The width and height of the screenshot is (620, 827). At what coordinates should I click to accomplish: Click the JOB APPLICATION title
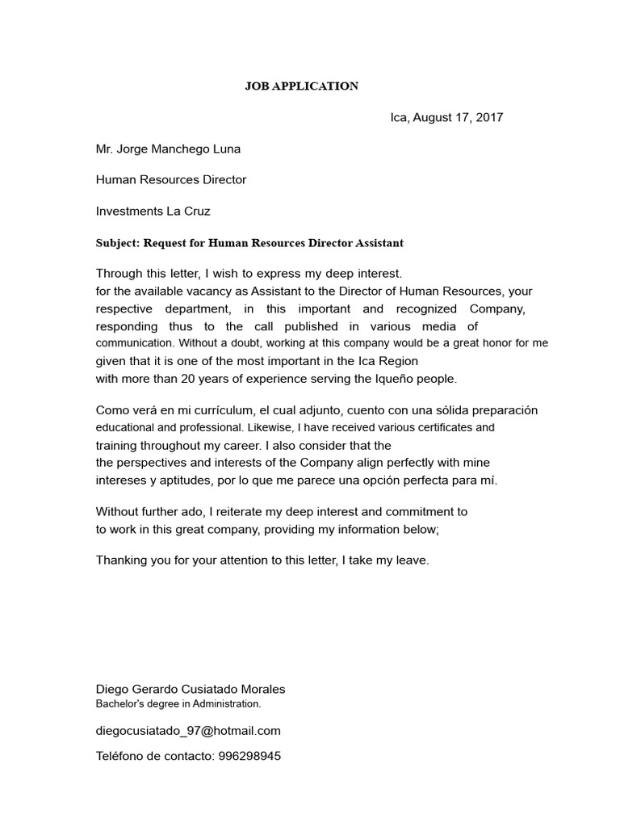pos(302,86)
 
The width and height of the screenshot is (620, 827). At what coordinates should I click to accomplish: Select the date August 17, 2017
pos(458,117)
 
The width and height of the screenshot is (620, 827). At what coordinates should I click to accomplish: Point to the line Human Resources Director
pos(171,180)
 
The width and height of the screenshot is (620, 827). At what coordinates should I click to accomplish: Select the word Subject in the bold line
pos(117,242)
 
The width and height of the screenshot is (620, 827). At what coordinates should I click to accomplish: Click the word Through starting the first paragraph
pos(121,274)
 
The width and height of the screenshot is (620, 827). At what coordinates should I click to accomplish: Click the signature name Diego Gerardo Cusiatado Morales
pos(191,689)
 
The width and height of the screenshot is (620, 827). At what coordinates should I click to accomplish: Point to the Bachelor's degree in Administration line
pos(178,703)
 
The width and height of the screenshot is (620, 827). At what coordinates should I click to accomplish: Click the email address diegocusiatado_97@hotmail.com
pos(189,730)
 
